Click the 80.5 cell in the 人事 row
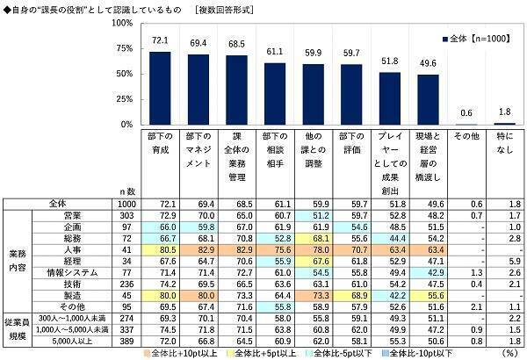(159, 248)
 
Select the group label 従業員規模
(17, 328)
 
